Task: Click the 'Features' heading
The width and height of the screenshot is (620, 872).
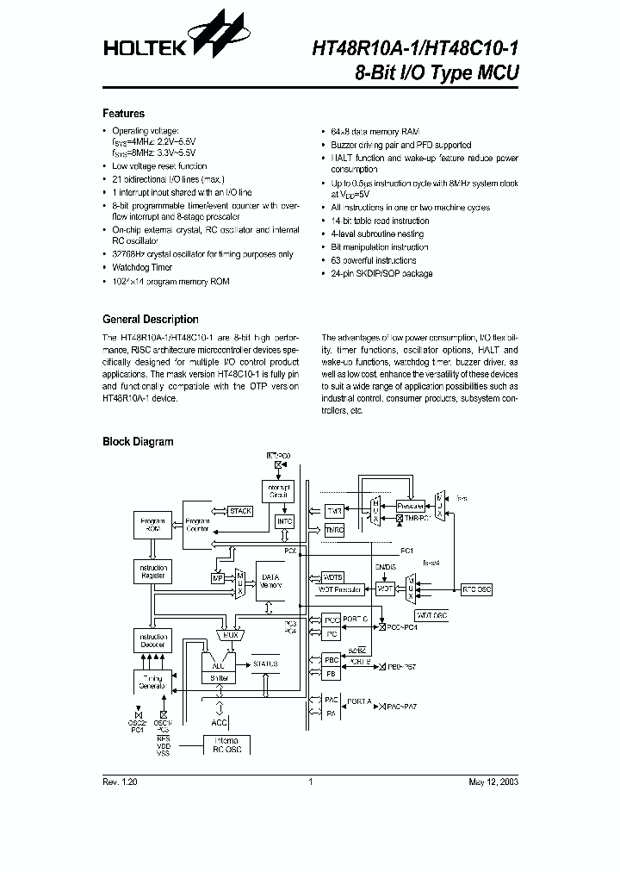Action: pyautogui.click(x=124, y=114)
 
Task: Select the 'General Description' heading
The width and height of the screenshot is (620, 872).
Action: pyautogui.click(x=151, y=319)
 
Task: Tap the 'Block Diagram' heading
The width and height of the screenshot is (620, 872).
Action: pyautogui.click(x=138, y=442)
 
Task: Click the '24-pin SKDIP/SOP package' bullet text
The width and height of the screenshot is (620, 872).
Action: pyautogui.click(x=381, y=273)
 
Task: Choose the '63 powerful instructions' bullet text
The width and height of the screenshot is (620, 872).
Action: pyautogui.click(x=373, y=260)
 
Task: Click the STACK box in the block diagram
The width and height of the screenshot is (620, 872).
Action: pyautogui.click(x=240, y=511)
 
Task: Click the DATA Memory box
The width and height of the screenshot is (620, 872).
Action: pyautogui.click(x=271, y=582)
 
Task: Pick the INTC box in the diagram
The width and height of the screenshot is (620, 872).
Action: pyautogui.click(x=284, y=522)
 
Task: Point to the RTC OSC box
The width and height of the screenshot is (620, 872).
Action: pyautogui.click(x=476, y=589)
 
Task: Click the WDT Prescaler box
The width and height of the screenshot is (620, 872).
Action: pyautogui.click(x=344, y=589)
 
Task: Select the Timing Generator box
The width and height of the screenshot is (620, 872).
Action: pyautogui.click(x=151, y=682)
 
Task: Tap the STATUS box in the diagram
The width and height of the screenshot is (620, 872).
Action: pyautogui.click(x=265, y=664)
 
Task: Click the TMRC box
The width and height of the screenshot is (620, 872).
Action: pyautogui.click(x=333, y=531)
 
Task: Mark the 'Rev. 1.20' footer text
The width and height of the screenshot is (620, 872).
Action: pyautogui.click(x=120, y=781)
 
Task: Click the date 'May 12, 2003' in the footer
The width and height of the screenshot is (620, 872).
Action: pyautogui.click(x=493, y=781)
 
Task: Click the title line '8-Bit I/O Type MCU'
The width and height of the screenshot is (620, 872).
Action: pyautogui.click(x=437, y=73)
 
